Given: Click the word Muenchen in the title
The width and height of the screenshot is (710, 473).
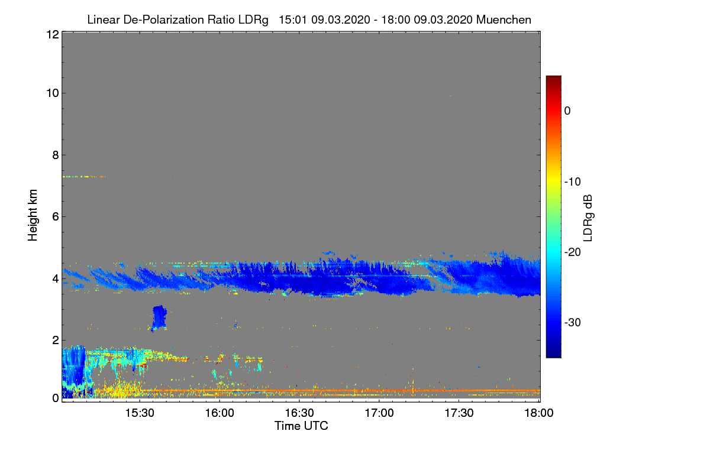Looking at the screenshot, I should (504, 20).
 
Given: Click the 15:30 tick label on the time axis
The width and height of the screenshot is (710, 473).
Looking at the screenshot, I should (140, 413).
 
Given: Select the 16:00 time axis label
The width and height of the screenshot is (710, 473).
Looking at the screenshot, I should (220, 413).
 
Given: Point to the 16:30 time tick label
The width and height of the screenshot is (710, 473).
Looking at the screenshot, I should (299, 413).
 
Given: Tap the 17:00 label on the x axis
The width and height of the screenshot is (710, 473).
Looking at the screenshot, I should (379, 413).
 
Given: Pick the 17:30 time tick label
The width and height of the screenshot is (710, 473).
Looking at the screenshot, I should (459, 413).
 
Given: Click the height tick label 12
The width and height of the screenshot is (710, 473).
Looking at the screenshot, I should (51, 34).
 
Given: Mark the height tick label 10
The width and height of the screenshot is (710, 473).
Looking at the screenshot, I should (51, 93).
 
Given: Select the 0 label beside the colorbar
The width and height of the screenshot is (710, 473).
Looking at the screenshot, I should (567, 111).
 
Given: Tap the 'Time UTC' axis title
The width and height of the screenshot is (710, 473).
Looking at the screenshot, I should (301, 426).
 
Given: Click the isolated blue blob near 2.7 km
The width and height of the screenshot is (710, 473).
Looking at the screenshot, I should (159, 318).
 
